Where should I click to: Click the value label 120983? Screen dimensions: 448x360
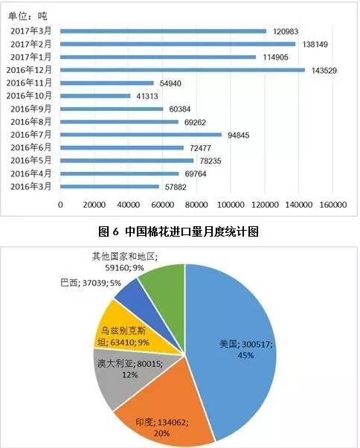click(288, 31)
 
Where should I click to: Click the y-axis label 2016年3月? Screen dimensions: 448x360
click(32, 187)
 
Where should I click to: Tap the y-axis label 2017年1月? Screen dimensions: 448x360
click(32, 57)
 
